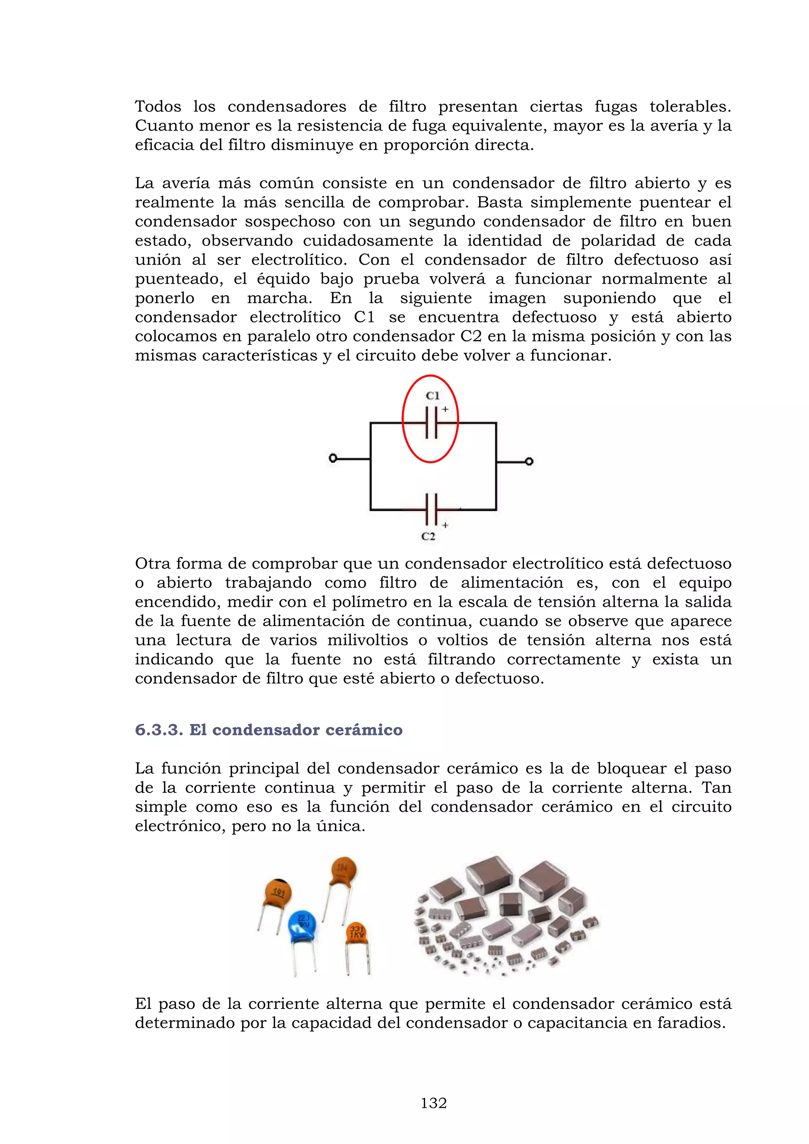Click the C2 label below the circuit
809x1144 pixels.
429,536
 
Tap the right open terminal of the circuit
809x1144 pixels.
530,461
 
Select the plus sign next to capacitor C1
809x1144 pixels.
445,409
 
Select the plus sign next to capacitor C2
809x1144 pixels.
445,525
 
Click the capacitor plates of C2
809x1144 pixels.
432,509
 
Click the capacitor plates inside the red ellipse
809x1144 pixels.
432,423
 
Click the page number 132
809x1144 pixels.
433,1103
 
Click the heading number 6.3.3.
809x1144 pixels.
159,730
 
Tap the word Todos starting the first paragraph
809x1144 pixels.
158,107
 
